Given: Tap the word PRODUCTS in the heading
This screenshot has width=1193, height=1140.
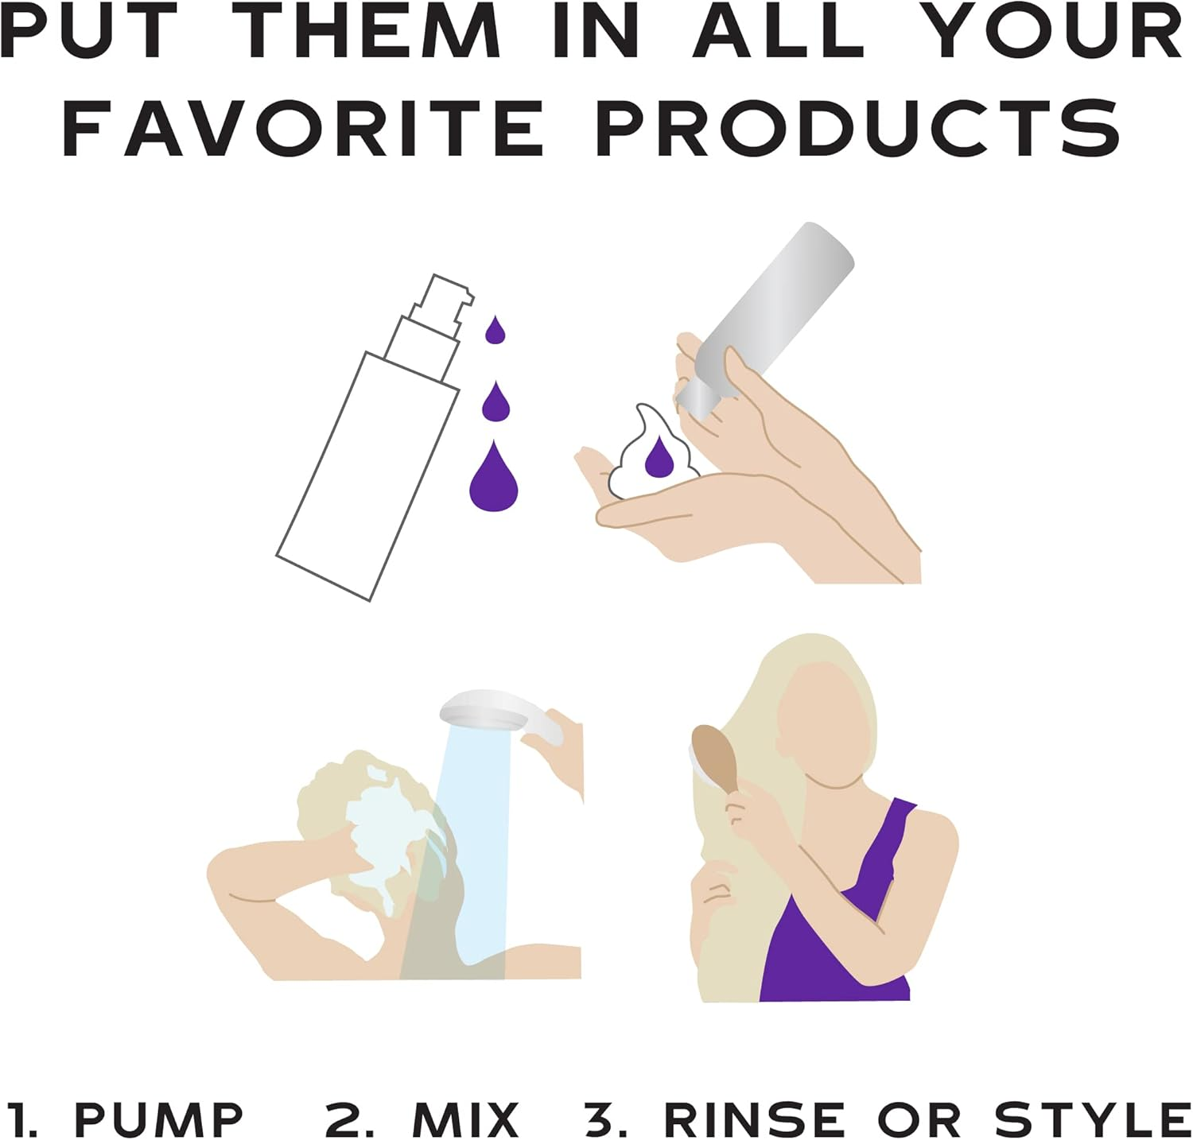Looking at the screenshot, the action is [858, 127].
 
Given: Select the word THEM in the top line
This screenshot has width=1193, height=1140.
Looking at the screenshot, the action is [371, 31].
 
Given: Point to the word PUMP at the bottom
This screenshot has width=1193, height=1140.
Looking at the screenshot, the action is [158, 1120].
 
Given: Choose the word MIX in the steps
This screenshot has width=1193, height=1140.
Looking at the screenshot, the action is [466, 1120].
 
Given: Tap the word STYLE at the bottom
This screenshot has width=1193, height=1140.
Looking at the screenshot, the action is [1093, 1120].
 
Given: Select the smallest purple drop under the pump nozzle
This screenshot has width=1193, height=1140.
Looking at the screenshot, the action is [495, 331].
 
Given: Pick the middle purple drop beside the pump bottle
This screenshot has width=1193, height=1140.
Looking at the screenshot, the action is [495, 402].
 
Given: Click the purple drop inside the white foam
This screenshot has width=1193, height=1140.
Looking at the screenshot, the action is [659, 459].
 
